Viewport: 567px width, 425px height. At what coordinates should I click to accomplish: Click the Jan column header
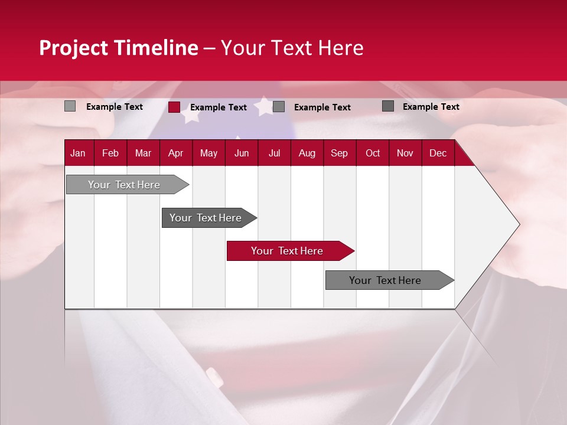[x=78, y=153]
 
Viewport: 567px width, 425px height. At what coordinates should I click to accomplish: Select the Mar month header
[x=143, y=153]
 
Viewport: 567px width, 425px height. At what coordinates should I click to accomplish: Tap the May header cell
[x=208, y=153]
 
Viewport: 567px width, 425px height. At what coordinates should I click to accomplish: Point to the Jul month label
[x=274, y=153]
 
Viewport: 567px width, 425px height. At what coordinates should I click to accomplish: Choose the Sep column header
[x=339, y=153]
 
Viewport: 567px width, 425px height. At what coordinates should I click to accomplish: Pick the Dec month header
[x=438, y=153]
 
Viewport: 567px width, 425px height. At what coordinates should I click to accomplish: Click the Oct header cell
[x=373, y=153]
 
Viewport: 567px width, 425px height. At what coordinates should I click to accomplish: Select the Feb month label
[x=110, y=153]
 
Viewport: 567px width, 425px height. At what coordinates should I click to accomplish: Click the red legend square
[x=174, y=107]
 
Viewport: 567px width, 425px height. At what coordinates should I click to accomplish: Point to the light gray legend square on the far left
[x=70, y=106]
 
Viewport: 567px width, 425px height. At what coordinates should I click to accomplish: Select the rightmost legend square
[x=388, y=106]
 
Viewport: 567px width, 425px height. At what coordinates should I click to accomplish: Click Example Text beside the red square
[x=218, y=107]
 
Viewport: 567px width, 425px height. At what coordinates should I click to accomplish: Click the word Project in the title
[x=74, y=48]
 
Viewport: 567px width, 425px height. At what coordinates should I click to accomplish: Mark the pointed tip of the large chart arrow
[x=519, y=224]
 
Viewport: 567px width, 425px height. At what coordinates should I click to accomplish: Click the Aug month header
[x=307, y=153]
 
